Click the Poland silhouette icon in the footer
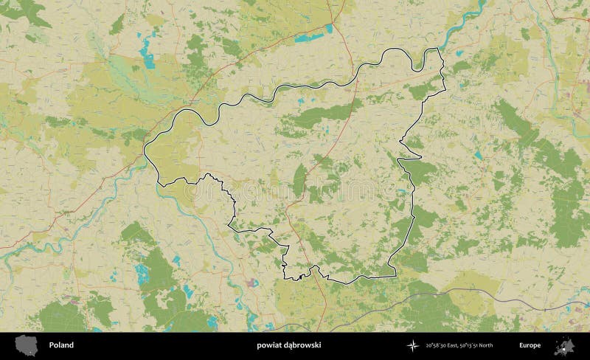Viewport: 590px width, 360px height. click(x=27, y=345)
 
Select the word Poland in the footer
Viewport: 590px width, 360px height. click(x=61, y=345)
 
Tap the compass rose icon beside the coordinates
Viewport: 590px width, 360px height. click(x=412, y=345)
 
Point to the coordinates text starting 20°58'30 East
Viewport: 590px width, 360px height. click(x=459, y=345)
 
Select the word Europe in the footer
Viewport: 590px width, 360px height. click(x=530, y=345)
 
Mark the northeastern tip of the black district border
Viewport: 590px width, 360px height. click(x=439, y=49)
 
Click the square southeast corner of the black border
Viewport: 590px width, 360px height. click(x=395, y=275)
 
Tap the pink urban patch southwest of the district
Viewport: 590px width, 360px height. click(x=251, y=283)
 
